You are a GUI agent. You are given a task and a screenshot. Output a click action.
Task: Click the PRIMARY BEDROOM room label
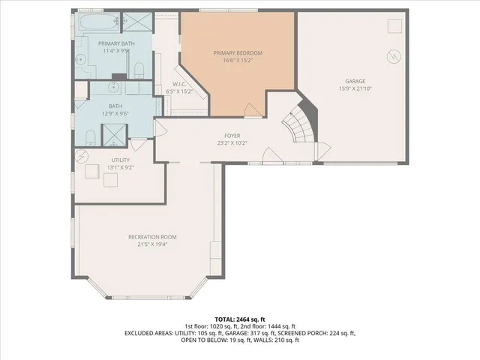(x=238, y=52)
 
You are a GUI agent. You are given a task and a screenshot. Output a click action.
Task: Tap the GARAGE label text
(x=355, y=80)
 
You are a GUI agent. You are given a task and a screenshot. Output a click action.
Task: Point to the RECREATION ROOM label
(x=151, y=236)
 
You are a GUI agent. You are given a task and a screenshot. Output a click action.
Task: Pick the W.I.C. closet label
(x=179, y=84)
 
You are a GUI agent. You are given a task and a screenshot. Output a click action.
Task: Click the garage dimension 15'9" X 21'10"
(x=355, y=88)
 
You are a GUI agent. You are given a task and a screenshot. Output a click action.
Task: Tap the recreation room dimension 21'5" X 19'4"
(x=151, y=244)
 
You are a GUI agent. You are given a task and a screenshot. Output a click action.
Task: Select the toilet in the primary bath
(x=138, y=71)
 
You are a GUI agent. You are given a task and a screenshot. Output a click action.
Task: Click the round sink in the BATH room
(x=90, y=137)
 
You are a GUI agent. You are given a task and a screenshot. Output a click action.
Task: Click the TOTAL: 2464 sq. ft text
(x=239, y=319)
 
